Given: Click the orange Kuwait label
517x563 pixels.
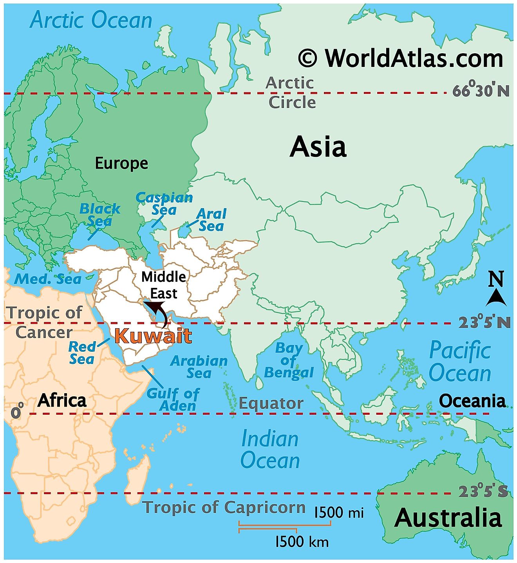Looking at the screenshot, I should (x=154, y=336).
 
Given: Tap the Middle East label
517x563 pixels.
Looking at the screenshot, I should (x=164, y=285).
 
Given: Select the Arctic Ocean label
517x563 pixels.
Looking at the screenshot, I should (x=91, y=20).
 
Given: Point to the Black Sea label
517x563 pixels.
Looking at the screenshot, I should (x=99, y=215).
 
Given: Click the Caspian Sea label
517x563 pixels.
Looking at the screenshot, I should (x=164, y=203).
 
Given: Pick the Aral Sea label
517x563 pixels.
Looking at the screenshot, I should (x=211, y=219).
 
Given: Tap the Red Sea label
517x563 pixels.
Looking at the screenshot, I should (x=82, y=353).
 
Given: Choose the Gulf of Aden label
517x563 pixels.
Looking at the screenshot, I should (x=173, y=399).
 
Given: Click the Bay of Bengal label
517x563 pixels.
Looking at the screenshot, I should (x=289, y=360).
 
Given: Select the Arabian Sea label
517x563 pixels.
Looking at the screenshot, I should (x=199, y=367).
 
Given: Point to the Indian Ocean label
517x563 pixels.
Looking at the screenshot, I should (x=270, y=449).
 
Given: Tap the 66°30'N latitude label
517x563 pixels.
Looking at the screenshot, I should (x=481, y=90).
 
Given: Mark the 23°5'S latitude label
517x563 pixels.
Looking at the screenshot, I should (x=483, y=491).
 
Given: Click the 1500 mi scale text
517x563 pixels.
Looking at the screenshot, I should (x=339, y=512).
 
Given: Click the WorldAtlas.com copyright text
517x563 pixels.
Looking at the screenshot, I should (x=401, y=58).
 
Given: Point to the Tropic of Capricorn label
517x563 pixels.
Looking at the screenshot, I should (x=224, y=507).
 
